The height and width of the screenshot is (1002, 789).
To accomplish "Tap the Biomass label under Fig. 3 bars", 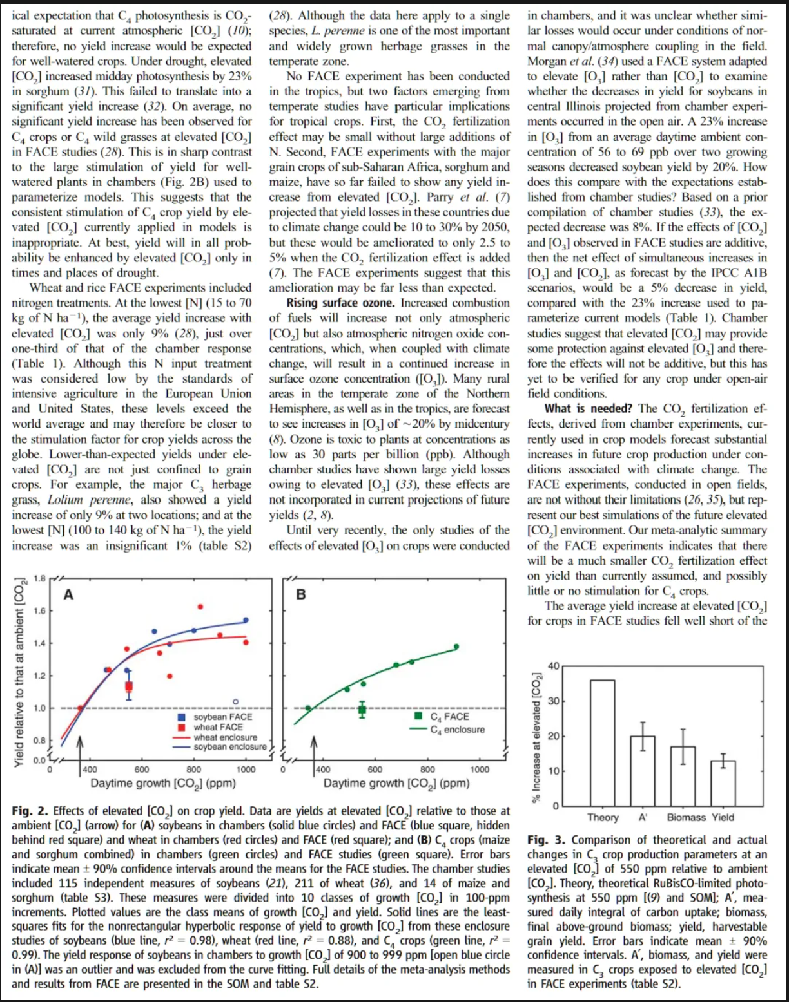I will (x=686, y=817).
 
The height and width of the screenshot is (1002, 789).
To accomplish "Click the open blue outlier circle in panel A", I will (x=235, y=701).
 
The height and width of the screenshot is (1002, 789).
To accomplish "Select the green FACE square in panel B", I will (x=362, y=710).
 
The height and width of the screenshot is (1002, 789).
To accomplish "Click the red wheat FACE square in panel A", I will (x=129, y=686).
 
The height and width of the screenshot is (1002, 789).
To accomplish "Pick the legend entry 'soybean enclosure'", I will (x=229, y=747).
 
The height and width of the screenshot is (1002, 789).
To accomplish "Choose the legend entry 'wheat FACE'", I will (x=218, y=727).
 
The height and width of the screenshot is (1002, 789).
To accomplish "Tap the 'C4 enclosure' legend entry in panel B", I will (x=457, y=730).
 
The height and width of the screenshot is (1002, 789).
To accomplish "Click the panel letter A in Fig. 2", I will (x=68, y=595).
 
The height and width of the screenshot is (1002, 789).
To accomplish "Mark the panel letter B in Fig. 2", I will (x=300, y=595).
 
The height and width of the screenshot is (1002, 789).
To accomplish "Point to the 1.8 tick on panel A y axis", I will (x=39, y=578).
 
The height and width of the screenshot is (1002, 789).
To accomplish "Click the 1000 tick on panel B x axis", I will (x=480, y=770).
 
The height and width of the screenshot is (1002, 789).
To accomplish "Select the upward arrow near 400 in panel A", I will (x=81, y=750).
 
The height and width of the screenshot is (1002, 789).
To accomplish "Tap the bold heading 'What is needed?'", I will (x=588, y=409).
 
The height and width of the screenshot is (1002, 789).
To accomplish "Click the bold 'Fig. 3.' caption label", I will (x=546, y=840).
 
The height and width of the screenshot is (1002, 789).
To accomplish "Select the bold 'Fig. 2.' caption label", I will (x=30, y=811).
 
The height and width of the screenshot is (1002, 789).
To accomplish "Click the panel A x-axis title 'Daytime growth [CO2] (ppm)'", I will (x=163, y=784).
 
